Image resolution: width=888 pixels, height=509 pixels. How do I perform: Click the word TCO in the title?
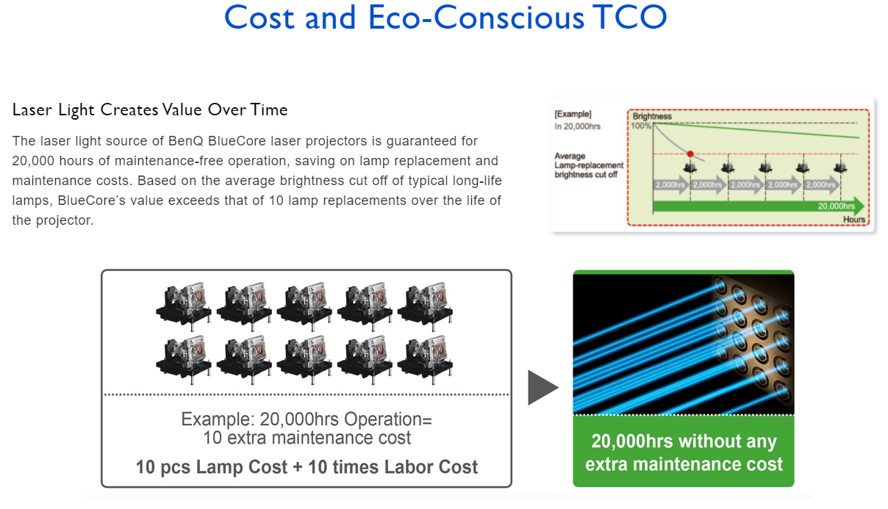[x=632, y=17]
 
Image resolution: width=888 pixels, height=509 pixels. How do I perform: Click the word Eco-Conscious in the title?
[x=476, y=17]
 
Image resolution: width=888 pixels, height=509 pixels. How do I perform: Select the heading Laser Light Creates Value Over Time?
[x=150, y=109]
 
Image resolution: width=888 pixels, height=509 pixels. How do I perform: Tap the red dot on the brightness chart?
[x=690, y=154]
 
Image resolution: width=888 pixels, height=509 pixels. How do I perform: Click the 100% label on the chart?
[x=641, y=126]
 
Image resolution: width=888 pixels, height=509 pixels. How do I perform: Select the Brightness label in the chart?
[x=652, y=116]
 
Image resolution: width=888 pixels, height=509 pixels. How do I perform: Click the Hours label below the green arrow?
[x=854, y=220]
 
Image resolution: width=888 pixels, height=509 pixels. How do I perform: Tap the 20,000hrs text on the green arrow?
[x=837, y=206]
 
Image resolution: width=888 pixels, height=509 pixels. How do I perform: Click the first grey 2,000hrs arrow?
[x=670, y=185]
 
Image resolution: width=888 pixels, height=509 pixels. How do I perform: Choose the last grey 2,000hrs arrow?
[x=821, y=185]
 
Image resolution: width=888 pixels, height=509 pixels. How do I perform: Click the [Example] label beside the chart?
[x=573, y=114]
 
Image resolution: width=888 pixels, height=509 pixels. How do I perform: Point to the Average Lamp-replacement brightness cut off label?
[x=589, y=165]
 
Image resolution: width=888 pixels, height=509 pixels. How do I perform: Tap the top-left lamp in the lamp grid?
[x=184, y=306]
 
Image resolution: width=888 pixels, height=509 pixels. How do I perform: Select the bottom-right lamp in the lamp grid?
[x=426, y=360]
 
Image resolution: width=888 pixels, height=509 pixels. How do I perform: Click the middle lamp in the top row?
[x=304, y=306]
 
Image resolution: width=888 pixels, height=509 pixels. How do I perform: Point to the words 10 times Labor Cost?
[x=393, y=467]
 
